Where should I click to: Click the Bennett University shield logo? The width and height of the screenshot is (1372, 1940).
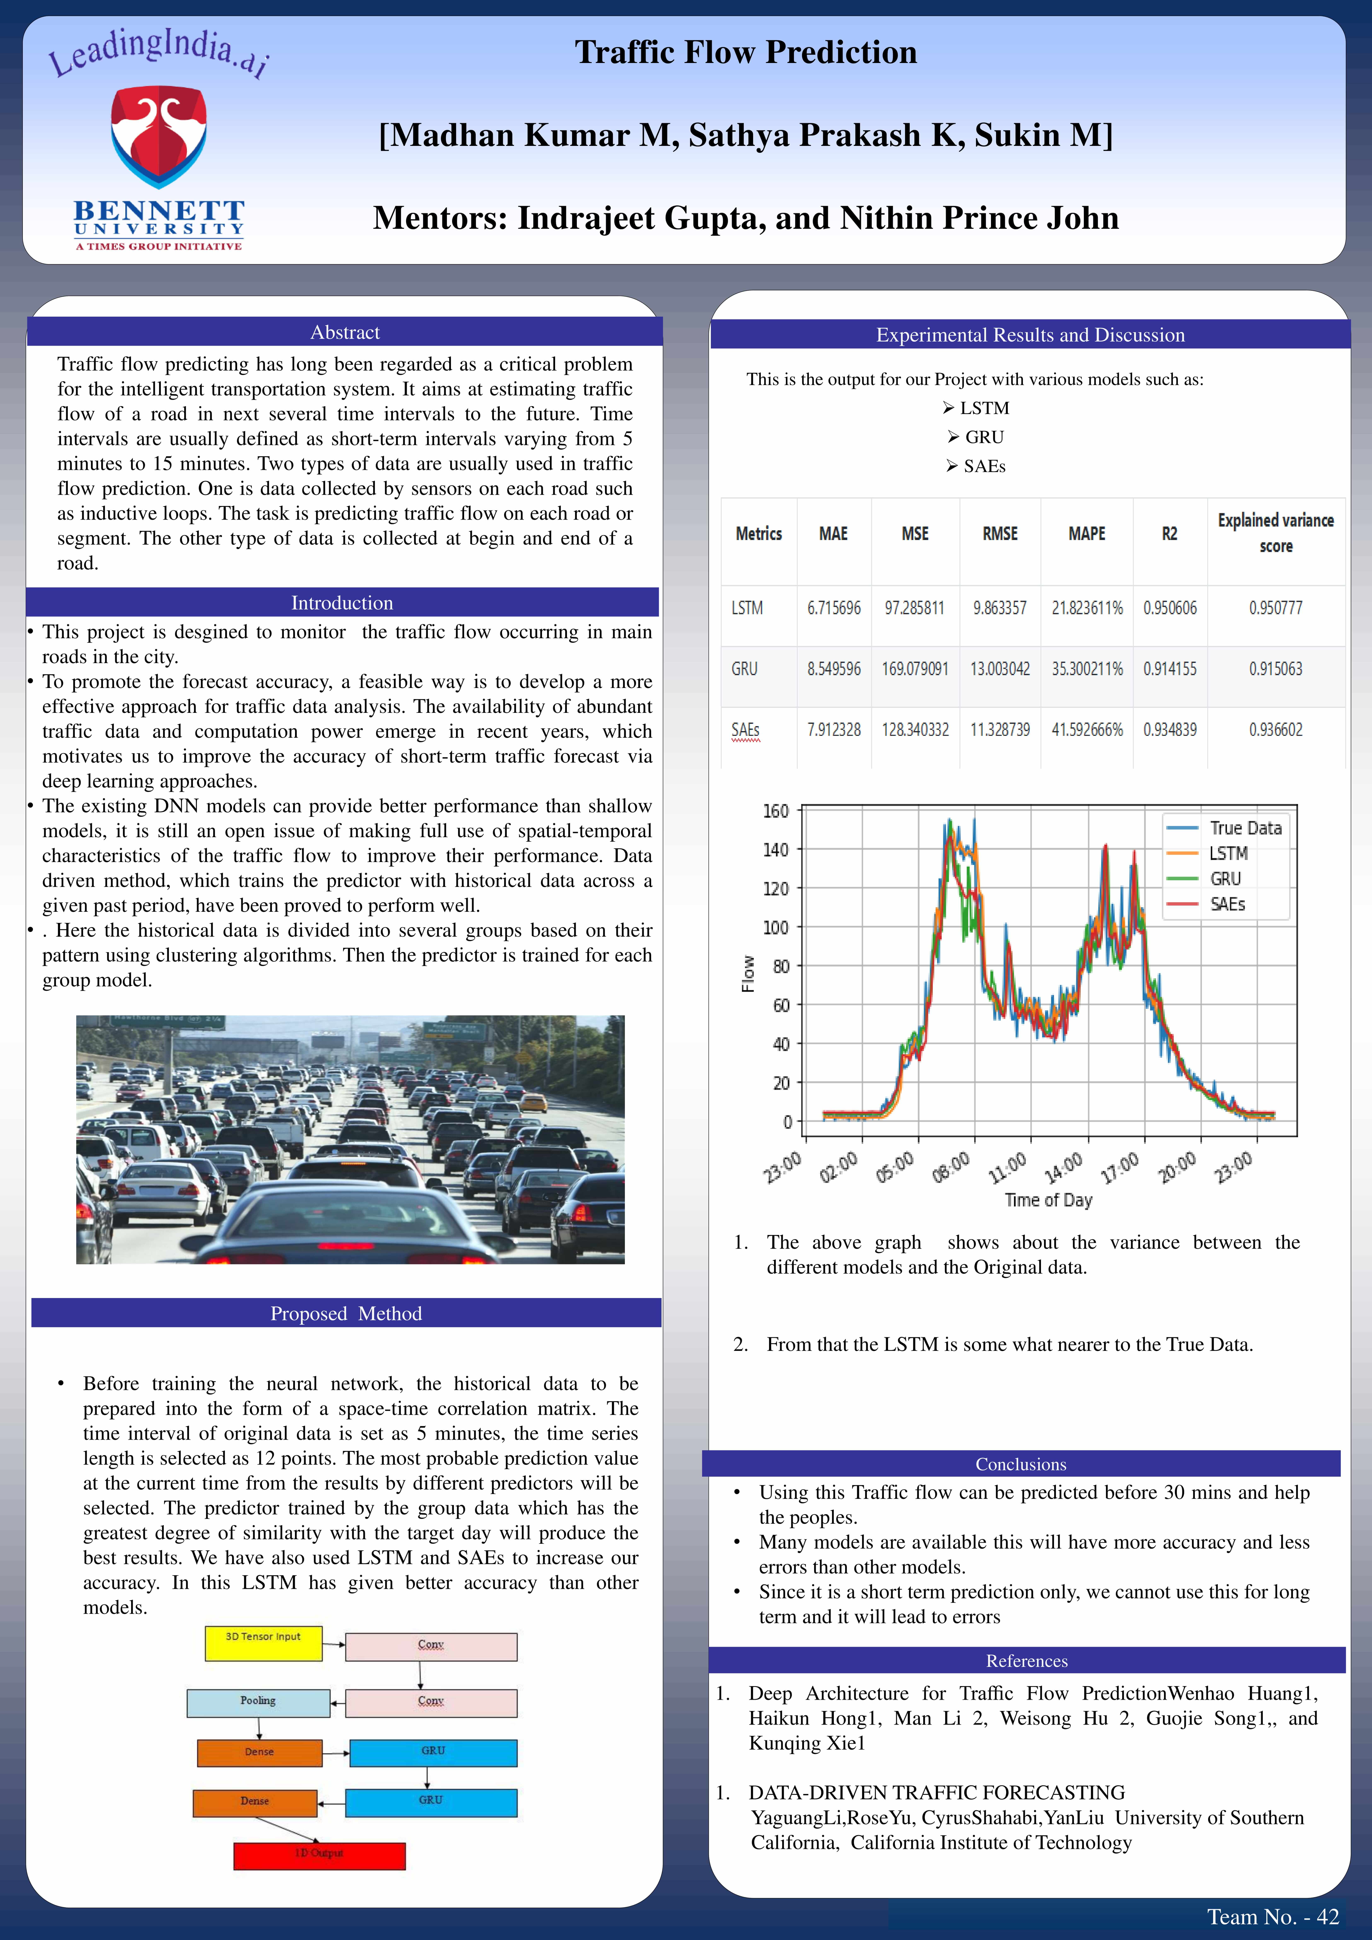coord(159,135)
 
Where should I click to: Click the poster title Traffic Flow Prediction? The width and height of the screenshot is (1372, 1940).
coord(745,52)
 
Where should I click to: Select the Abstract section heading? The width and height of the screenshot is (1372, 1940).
coord(345,332)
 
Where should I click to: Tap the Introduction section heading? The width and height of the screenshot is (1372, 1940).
coord(342,602)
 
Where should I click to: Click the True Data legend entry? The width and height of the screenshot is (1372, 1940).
coord(1244,828)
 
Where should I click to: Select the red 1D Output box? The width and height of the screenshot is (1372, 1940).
coord(319,1855)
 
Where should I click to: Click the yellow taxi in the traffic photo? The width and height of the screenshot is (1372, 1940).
coord(533,1103)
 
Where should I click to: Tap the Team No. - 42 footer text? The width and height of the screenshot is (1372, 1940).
coord(1272,1916)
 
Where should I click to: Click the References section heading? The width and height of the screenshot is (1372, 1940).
coord(1026,1660)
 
